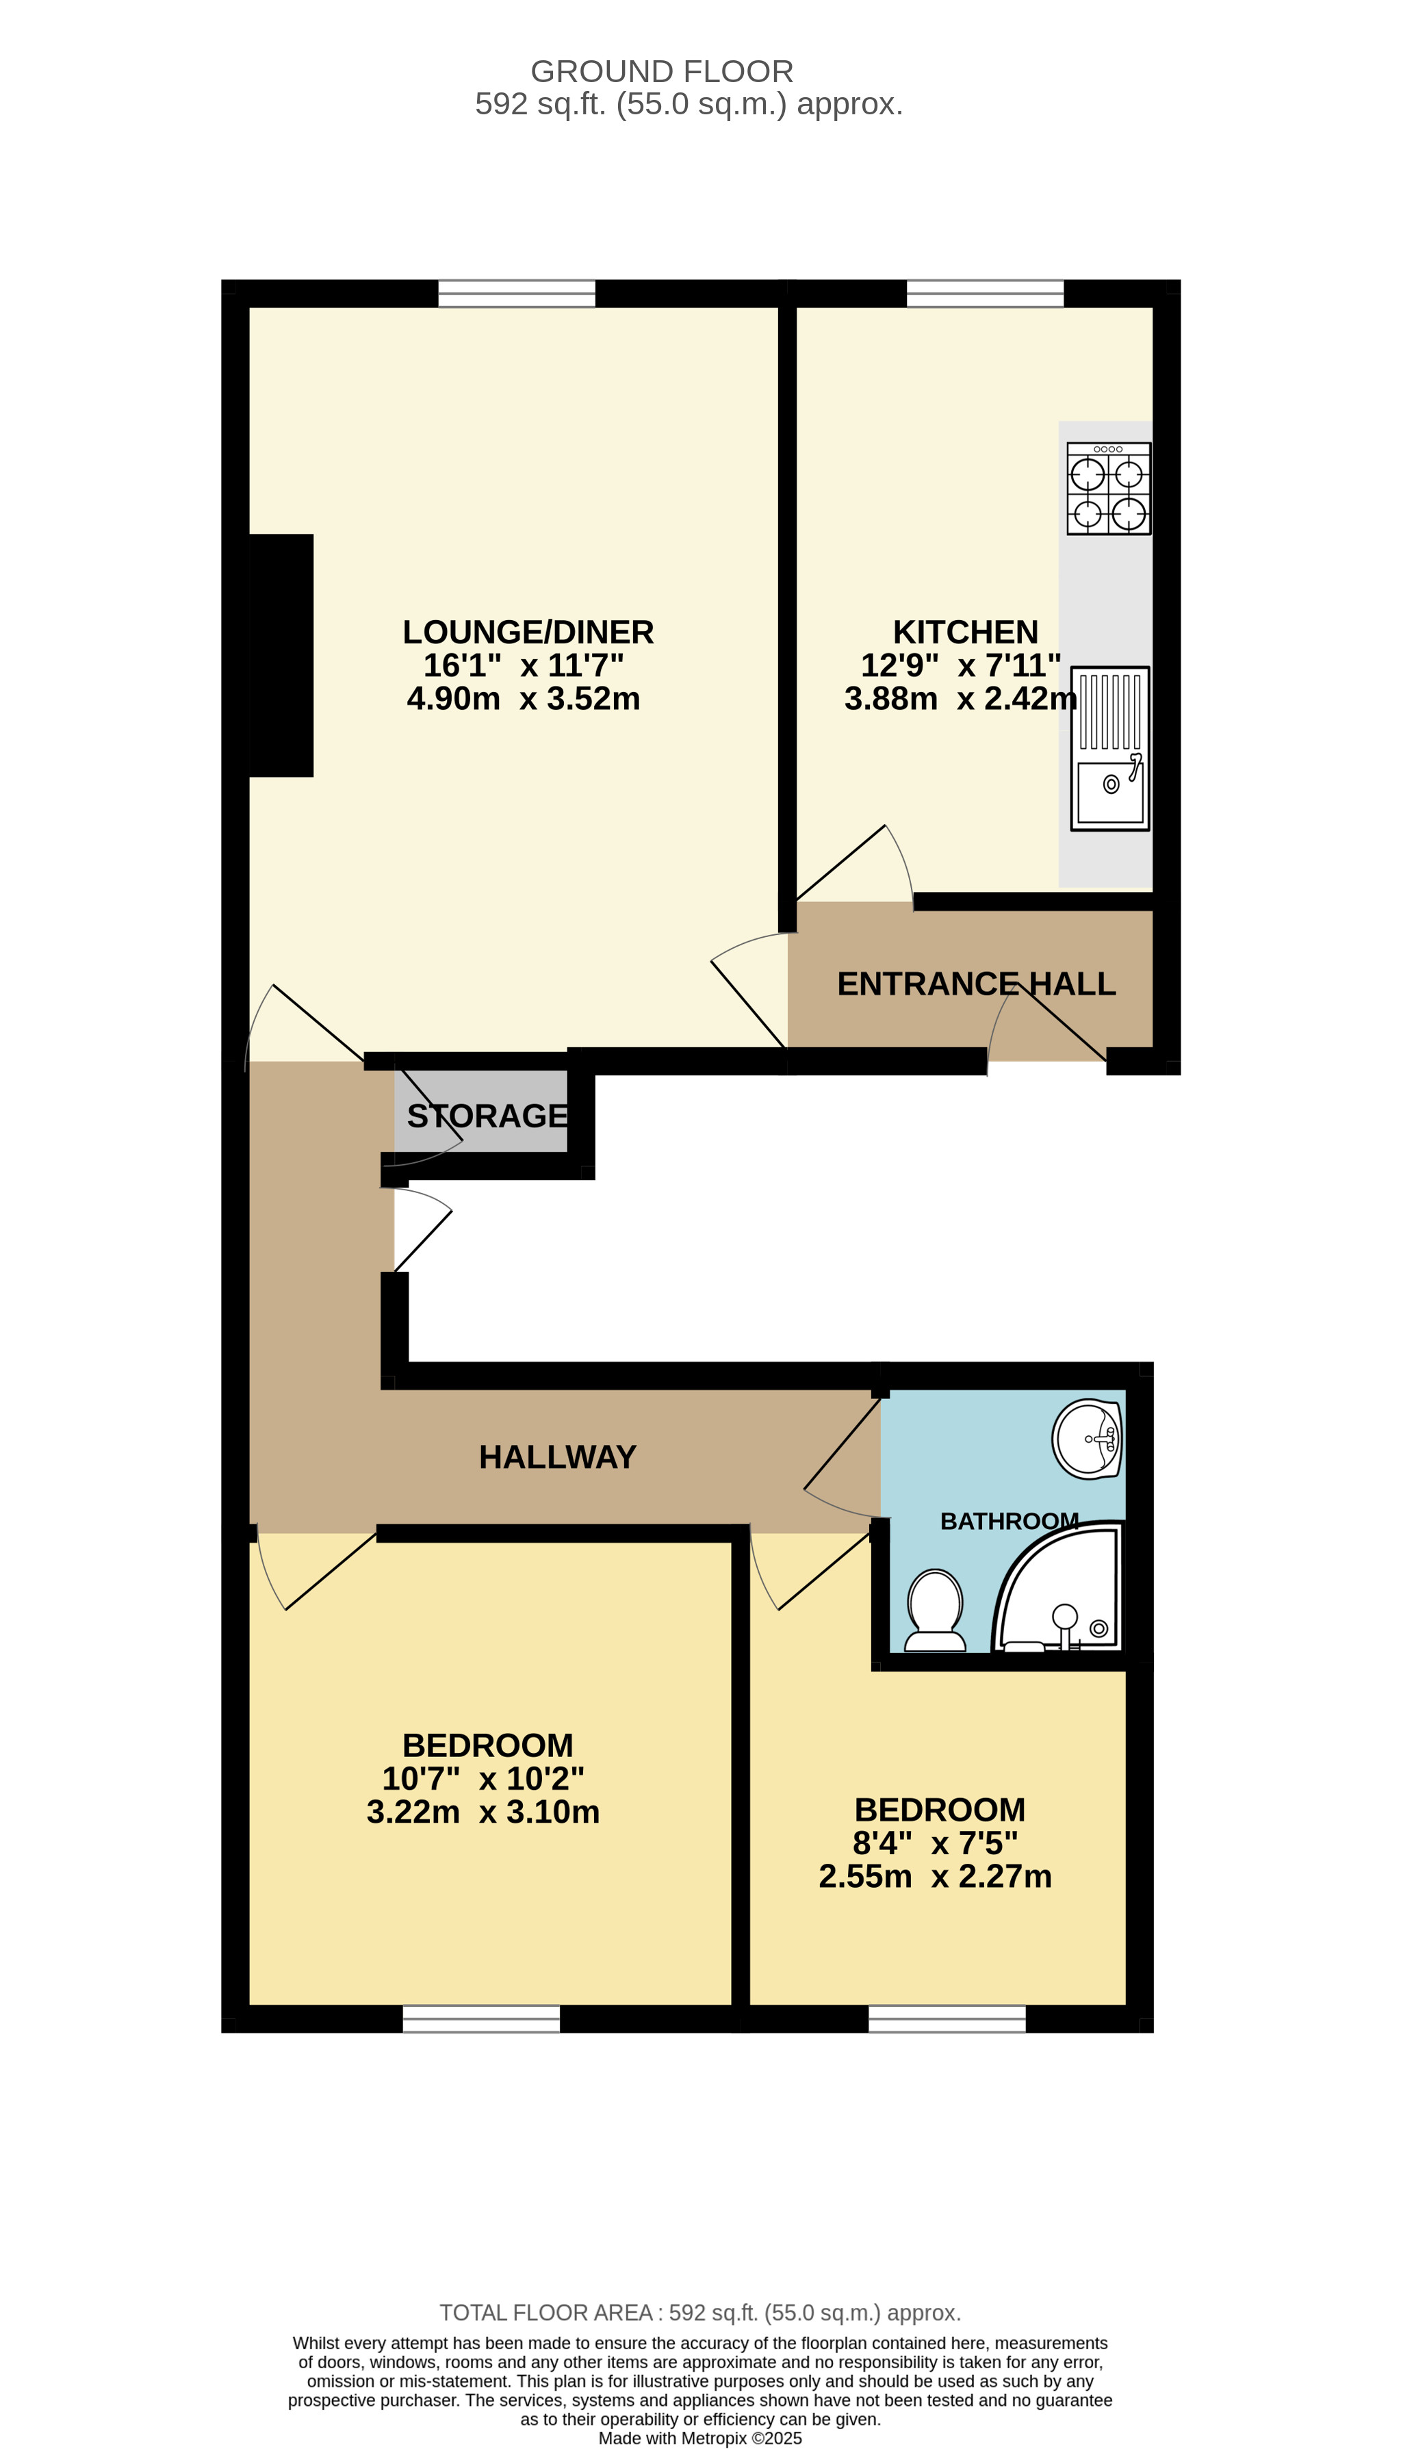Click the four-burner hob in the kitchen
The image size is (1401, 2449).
pyautogui.click(x=1109, y=489)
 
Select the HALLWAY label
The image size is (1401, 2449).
pyautogui.click(x=557, y=1457)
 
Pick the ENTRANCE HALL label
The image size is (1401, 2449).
pyautogui.click(x=976, y=984)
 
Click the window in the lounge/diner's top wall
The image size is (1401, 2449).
pyautogui.click(x=517, y=294)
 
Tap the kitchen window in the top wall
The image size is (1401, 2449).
pyautogui.click(x=986, y=294)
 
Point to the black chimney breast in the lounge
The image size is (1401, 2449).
pyautogui.click(x=281, y=655)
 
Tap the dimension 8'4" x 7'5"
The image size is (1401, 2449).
pyautogui.click(x=936, y=1844)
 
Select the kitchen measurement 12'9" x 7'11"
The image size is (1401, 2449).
pyautogui.click(x=960, y=665)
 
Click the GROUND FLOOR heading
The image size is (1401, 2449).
pyautogui.click(x=662, y=71)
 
